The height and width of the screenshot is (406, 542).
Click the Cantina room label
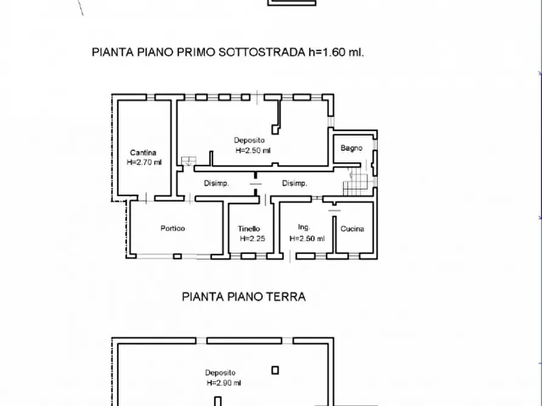(143, 153)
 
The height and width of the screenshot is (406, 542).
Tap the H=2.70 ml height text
(144, 162)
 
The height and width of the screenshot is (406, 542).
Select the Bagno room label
(351, 148)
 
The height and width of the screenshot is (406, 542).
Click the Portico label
(172, 228)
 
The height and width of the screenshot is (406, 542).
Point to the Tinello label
(249, 229)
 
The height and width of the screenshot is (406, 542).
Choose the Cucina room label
(352, 229)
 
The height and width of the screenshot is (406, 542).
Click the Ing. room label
(304, 227)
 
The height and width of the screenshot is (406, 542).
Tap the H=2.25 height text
(252, 239)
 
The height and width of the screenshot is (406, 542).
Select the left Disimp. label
(216, 184)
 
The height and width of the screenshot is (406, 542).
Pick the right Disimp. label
(294, 184)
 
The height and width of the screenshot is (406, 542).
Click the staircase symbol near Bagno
(356, 182)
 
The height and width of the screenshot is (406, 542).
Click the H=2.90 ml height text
(222, 383)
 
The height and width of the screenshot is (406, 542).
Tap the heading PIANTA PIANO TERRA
(243, 297)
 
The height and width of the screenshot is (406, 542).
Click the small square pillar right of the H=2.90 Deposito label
(275, 370)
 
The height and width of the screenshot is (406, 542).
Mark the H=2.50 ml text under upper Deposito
(252, 151)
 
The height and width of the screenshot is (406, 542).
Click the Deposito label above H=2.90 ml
(220, 373)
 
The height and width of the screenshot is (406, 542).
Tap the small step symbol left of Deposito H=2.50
(188, 161)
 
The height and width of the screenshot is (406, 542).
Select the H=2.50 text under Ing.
(307, 239)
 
